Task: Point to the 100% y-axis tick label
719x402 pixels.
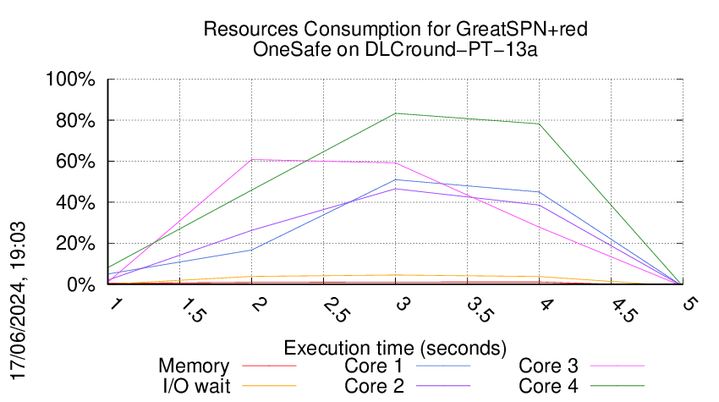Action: click(x=72, y=80)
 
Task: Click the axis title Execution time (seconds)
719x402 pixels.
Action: click(x=395, y=348)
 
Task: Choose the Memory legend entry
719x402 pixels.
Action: click(x=194, y=366)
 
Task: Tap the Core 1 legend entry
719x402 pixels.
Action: click(x=372, y=366)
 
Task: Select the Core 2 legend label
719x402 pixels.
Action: click(x=372, y=385)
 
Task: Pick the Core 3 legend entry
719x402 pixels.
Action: click(x=548, y=366)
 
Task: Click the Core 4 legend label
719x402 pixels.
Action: click(x=548, y=385)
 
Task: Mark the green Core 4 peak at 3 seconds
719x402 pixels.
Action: click(x=395, y=113)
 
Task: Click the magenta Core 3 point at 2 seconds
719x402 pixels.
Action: click(x=252, y=160)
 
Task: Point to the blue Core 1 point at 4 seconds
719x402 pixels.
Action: click(x=539, y=192)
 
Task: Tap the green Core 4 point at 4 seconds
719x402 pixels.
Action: click(x=539, y=124)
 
